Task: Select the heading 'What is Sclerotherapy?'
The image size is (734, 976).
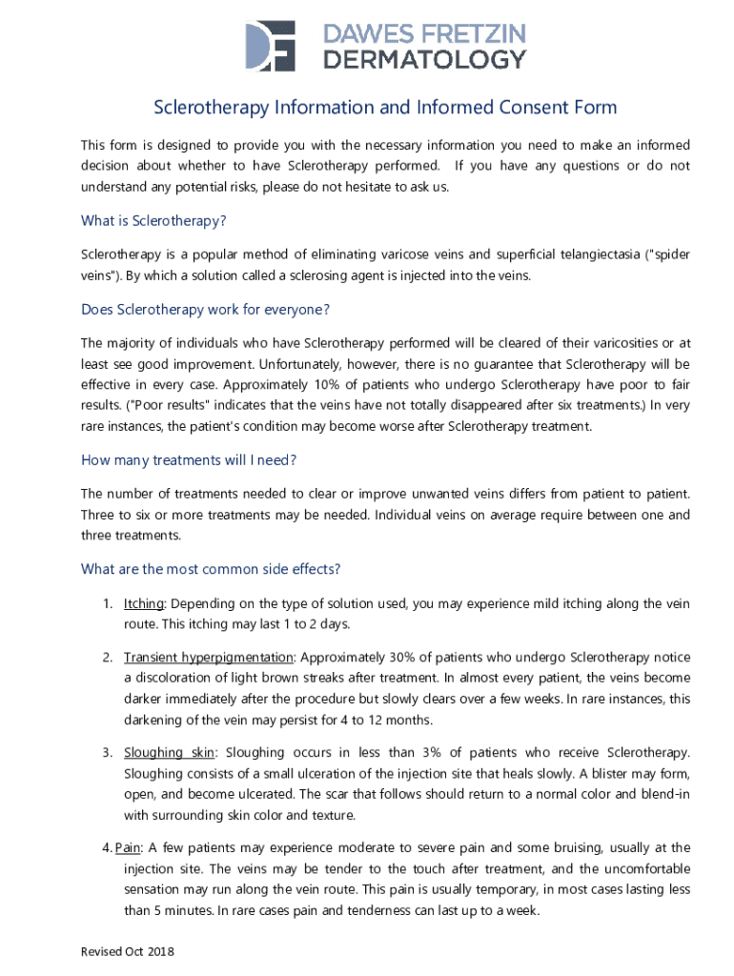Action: point(153,221)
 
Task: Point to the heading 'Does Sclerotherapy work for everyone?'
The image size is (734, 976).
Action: point(205,309)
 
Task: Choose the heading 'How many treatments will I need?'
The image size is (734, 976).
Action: point(189,459)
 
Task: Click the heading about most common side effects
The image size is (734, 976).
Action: point(211,569)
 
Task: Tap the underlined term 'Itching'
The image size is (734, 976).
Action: point(144,604)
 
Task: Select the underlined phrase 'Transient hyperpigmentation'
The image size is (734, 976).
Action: point(208,658)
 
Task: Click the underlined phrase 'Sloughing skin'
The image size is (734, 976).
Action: point(167,753)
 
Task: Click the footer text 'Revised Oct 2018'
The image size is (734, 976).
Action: point(128,952)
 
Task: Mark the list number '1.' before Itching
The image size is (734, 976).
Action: point(109,604)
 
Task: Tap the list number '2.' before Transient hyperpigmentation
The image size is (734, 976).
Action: point(109,658)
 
